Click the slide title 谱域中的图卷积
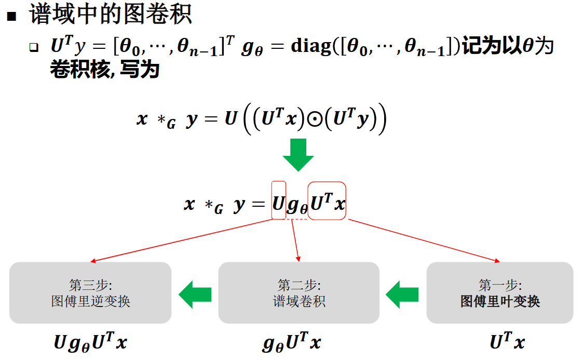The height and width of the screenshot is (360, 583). (111, 15)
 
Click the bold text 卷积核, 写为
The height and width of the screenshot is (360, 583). (104, 69)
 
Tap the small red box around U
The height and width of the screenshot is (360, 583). (279, 200)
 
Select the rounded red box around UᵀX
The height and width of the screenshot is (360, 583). (327, 201)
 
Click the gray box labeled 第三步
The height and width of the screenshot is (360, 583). (90, 293)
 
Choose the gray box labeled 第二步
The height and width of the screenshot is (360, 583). (299, 293)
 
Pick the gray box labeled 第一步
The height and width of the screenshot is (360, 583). (499, 293)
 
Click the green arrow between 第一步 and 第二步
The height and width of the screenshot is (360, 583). (402, 295)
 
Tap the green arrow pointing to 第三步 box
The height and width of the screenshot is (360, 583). (195, 295)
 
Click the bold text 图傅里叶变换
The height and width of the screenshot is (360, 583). (500, 301)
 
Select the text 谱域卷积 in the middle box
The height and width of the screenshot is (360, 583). (299, 301)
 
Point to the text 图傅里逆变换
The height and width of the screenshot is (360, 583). (90, 301)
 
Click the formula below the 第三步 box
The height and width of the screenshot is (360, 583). (90, 343)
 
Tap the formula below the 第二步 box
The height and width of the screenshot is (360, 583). (292, 343)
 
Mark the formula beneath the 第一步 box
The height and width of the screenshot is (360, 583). (507, 342)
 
